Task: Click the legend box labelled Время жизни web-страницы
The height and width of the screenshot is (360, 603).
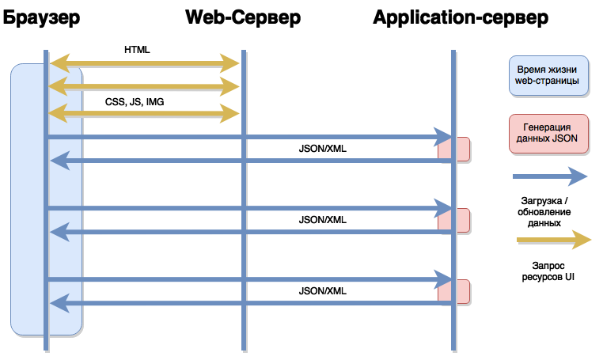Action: tap(548, 75)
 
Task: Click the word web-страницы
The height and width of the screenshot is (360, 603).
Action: tap(548, 81)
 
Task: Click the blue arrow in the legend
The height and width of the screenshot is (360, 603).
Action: tap(549, 176)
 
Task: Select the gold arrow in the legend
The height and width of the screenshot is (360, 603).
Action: tap(553, 239)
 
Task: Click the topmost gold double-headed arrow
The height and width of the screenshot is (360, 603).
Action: tap(144, 62)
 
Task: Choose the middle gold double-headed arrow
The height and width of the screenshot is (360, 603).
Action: tap(144, 85)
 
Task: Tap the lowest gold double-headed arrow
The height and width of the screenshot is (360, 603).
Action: tap(144, 114)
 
